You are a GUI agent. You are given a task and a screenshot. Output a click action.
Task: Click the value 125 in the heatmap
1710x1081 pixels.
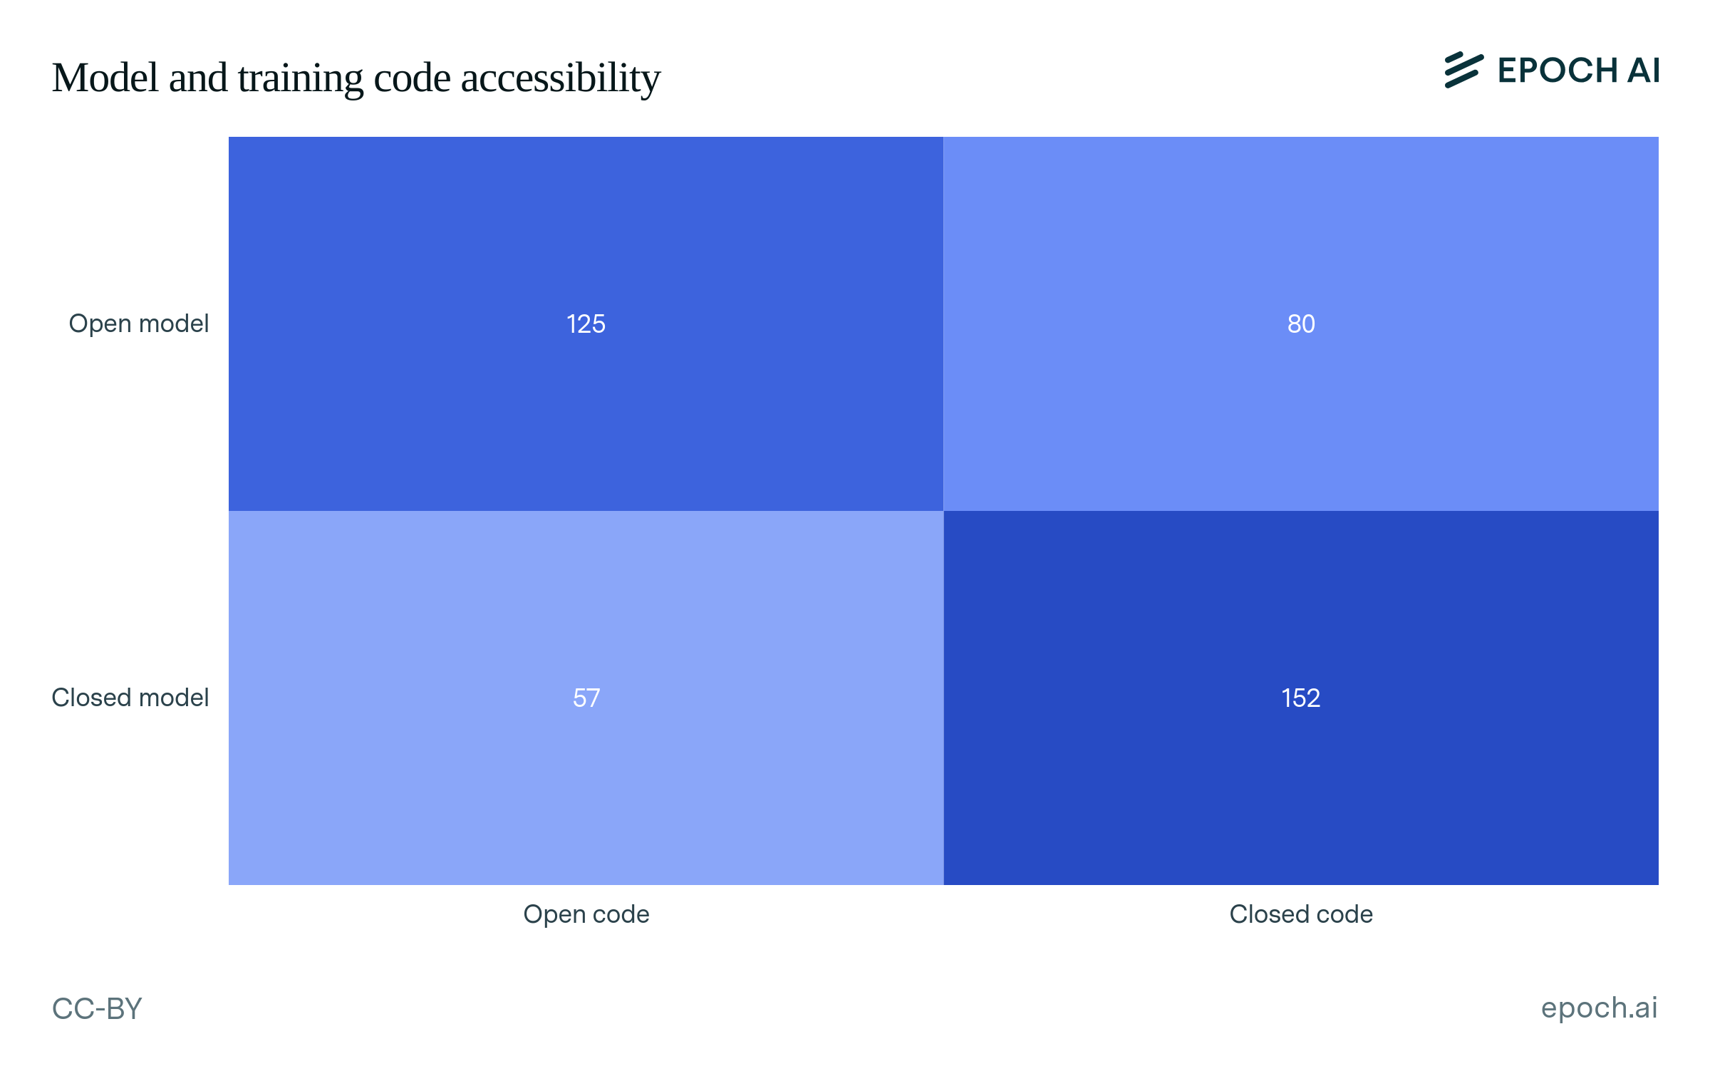click(x=586, y=324)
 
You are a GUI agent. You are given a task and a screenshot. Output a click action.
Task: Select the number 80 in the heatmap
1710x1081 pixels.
click(x=1301, y=324)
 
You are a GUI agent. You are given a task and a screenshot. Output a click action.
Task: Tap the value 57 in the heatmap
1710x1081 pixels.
click(x=586, y=698)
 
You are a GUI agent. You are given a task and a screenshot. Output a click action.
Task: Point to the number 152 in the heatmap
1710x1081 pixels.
click(x=1301, y=698)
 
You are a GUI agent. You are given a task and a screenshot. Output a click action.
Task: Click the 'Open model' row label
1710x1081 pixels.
click(x=138, y=324)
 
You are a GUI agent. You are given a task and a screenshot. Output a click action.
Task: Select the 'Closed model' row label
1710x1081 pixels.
click(x=130, y=698)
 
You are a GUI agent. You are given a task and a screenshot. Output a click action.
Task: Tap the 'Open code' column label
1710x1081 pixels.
click(x=586, y=914)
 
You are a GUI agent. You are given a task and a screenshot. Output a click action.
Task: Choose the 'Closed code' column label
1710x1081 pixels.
click(x=1301, y=914)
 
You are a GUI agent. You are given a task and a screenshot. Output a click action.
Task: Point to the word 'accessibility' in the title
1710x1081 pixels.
click(x=561, y=78)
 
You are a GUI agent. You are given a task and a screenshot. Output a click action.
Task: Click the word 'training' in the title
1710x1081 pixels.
click(x=300, y=78)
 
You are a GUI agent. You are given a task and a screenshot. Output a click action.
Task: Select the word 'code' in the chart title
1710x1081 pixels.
click(x=412, y=78)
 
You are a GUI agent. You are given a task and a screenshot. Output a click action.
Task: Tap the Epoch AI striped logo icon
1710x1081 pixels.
click(x=1463, y=70)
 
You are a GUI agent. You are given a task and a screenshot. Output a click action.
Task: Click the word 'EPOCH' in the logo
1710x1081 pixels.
click(x=1558, y=71)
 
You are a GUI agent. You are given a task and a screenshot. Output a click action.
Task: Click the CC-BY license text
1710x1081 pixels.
click(x=97, y=1009)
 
